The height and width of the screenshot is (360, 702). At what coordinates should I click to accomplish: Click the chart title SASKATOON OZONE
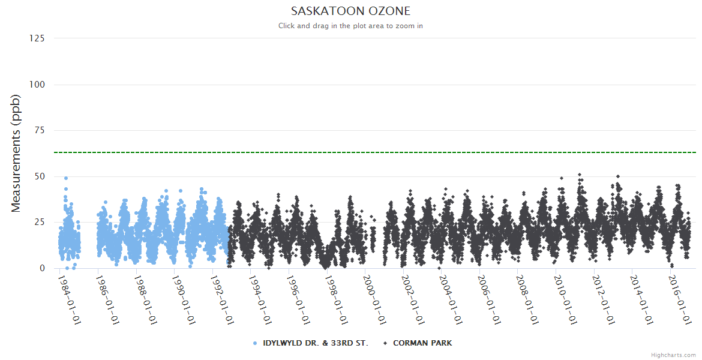click(x=350, y=11)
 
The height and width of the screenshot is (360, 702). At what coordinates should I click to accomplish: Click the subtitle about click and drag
click(x=350, y=26)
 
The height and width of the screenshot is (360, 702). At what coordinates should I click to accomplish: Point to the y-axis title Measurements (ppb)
click(x=16, y=154)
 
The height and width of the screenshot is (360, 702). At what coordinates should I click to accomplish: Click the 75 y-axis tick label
click(x=40, y=131)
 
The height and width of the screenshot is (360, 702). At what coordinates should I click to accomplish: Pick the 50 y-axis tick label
click(x=40, y=176)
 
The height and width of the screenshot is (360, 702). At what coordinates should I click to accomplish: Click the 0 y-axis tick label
click(x=42, y=268)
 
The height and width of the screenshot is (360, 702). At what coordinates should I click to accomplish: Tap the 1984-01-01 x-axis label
click(x=70, y=299)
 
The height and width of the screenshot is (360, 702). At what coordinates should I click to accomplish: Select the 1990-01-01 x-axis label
click(x=184, y=299)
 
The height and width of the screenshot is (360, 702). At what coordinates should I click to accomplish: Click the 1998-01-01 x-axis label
click(x=337, y=299)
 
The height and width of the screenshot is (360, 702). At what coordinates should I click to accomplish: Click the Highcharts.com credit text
click(x=673, y=355)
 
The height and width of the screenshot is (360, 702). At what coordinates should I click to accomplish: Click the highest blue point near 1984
click(x=66, y=178)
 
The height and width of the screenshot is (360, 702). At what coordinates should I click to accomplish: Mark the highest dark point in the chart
click(x=580, y=175)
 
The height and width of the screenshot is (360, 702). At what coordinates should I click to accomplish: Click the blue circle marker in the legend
click(x=255, y=343)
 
